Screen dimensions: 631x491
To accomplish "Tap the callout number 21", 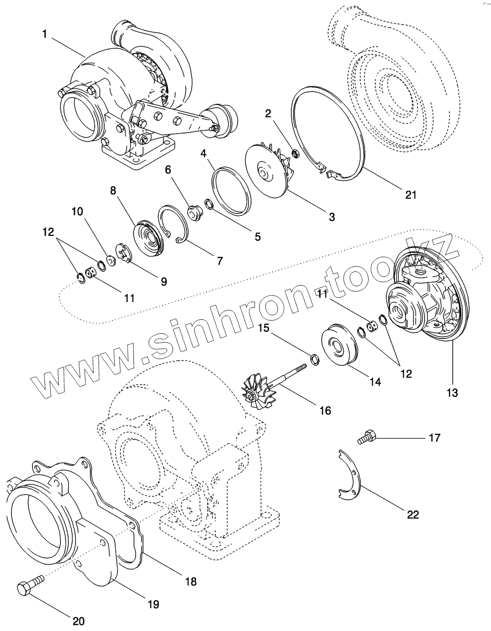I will click(x=411, y=194).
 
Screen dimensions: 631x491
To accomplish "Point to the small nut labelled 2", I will click(x=295, y=154).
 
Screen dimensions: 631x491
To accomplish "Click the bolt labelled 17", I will click(x=367, y=436).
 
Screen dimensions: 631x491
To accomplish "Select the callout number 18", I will click(x=190, y=582).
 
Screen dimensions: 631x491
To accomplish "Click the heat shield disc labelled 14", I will click(x=338, y=345).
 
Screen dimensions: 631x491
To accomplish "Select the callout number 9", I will click(x=164, y=282).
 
